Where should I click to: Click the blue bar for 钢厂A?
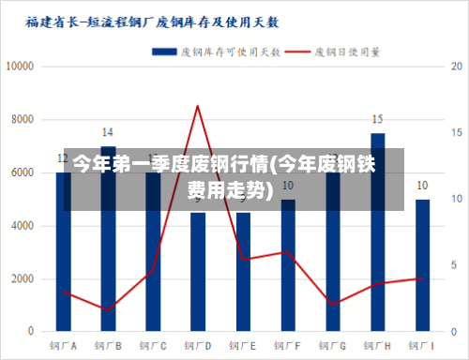click(x=63, y=272)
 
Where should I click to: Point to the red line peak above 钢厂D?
click(x=197, y=106)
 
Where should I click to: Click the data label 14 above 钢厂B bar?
click(x=108, y=132)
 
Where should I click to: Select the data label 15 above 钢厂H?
click(x=377, y=119)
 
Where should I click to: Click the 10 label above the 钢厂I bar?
click(x=422, y=186)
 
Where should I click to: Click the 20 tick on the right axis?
click(x=456, y=67)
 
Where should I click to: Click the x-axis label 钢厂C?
click(x=153, y=346)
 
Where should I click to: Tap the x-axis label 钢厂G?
click(x=332, y=346)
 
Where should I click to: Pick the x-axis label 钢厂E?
click(x=242, y=346)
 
